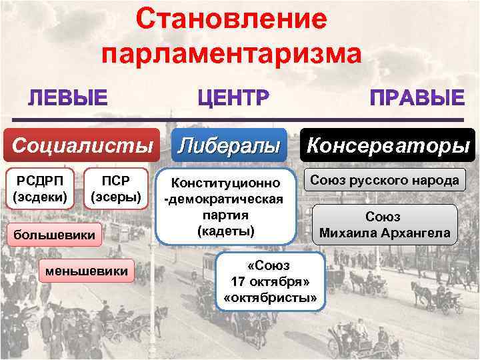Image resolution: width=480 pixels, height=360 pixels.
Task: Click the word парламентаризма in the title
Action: [x=233, y=55]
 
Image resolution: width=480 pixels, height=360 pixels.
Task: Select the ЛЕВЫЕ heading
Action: [x=67, y=99]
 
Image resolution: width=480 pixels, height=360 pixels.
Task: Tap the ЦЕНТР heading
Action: [x=233, y=99]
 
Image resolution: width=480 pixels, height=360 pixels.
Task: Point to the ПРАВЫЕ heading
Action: [x=417, y=99]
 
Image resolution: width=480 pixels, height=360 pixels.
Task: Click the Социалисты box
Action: [x=83, y=144]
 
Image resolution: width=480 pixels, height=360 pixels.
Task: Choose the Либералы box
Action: [x=230, y=144]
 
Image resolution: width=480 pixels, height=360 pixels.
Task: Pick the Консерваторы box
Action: [x=388, y=144]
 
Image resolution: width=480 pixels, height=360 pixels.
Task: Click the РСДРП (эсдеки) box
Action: [x=40, y=189]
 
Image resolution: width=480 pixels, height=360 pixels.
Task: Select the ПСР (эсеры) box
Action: [x=115, y=189]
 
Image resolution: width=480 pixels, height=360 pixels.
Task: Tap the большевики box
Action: [x=55, y=234]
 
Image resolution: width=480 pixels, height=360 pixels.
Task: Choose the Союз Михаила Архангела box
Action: [x=385, y=225]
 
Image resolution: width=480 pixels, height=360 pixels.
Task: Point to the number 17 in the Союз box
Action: [x=238, y=281]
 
